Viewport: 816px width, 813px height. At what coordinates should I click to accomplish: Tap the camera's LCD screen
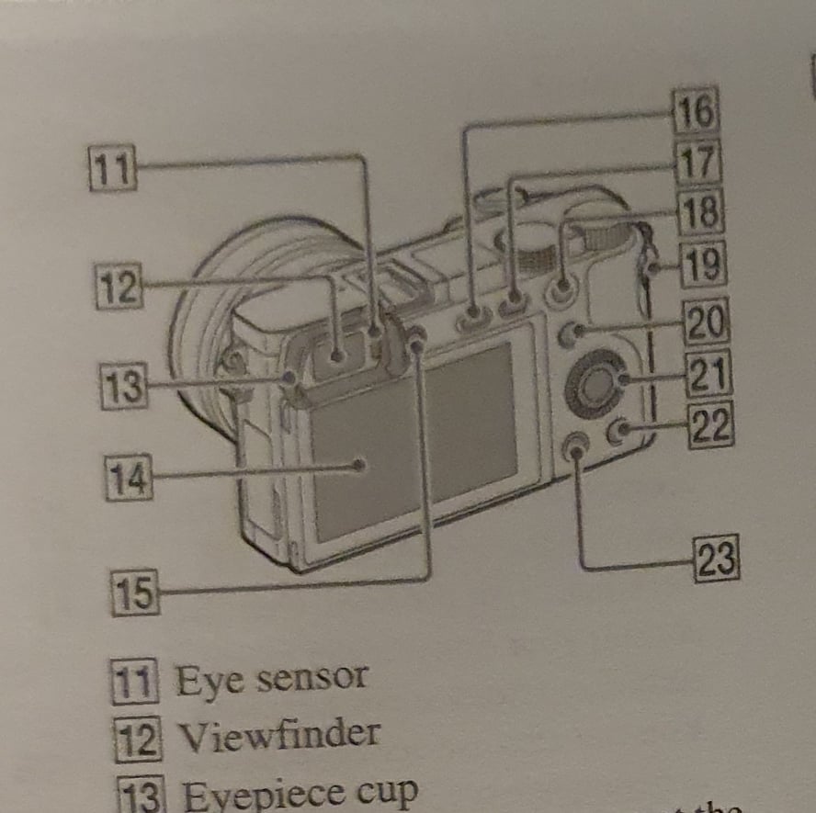414,441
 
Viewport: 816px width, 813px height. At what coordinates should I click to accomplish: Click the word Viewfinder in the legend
278,734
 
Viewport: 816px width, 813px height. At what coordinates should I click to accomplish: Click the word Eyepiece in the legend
243,793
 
